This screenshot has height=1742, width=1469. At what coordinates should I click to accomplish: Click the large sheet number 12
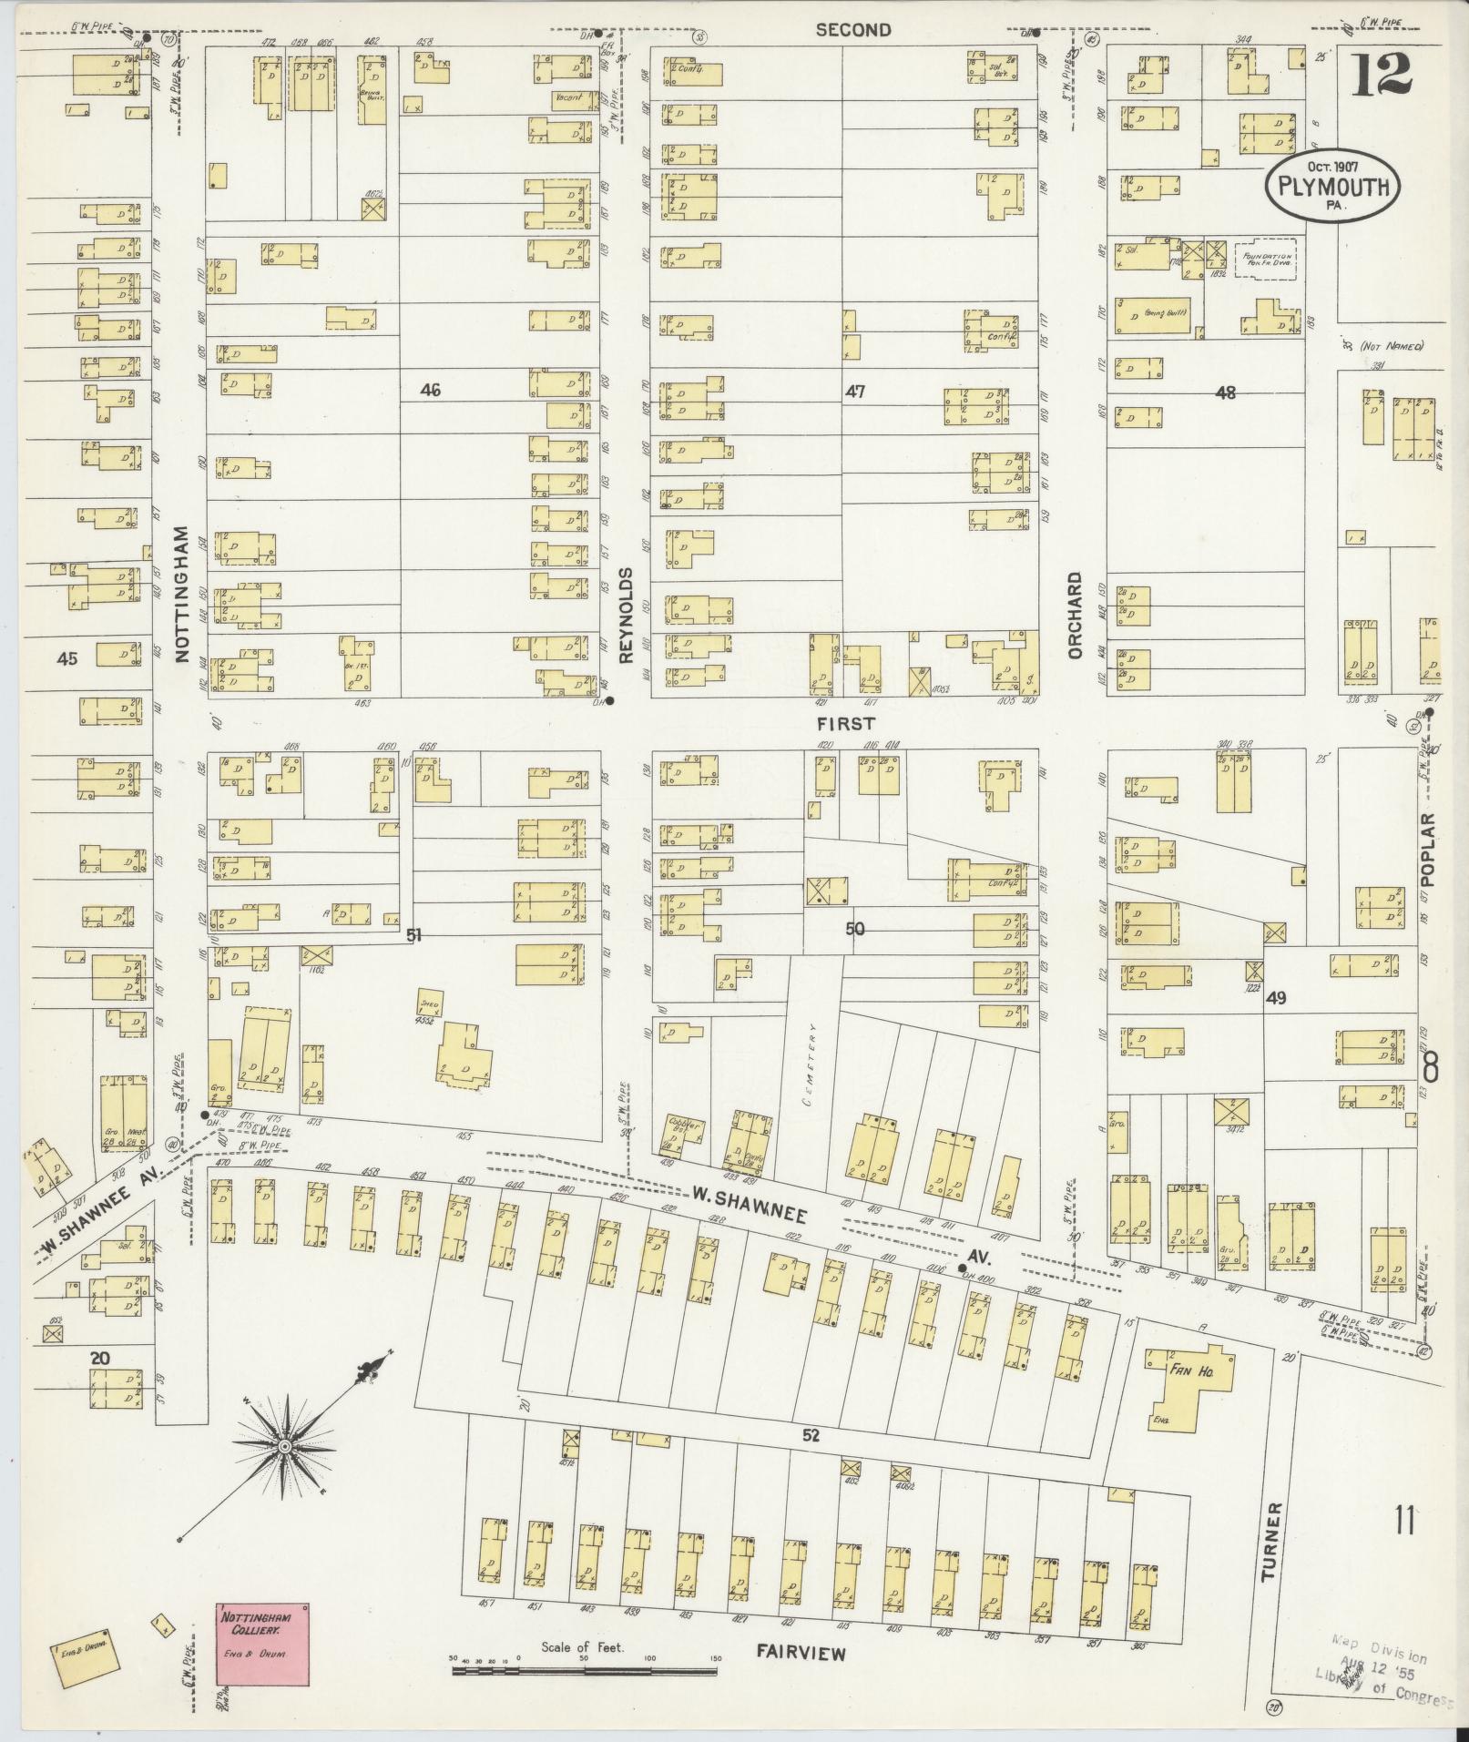click(1381, 74)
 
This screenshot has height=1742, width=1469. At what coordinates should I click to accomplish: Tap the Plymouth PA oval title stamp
click(1331, 186)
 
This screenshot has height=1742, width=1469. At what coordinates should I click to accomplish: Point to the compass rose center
click(285, 1446)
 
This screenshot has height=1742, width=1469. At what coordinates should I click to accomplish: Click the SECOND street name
click(852, 30)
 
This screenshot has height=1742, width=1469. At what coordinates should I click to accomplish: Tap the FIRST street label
click(845, 724)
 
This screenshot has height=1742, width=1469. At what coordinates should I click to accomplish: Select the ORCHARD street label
click(1075, 616)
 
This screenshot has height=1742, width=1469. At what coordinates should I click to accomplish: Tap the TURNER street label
click(1271, 1542)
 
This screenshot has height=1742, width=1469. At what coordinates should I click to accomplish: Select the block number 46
click(430, 391)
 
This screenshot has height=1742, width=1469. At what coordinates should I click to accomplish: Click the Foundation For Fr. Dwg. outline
click(1264, 258)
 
